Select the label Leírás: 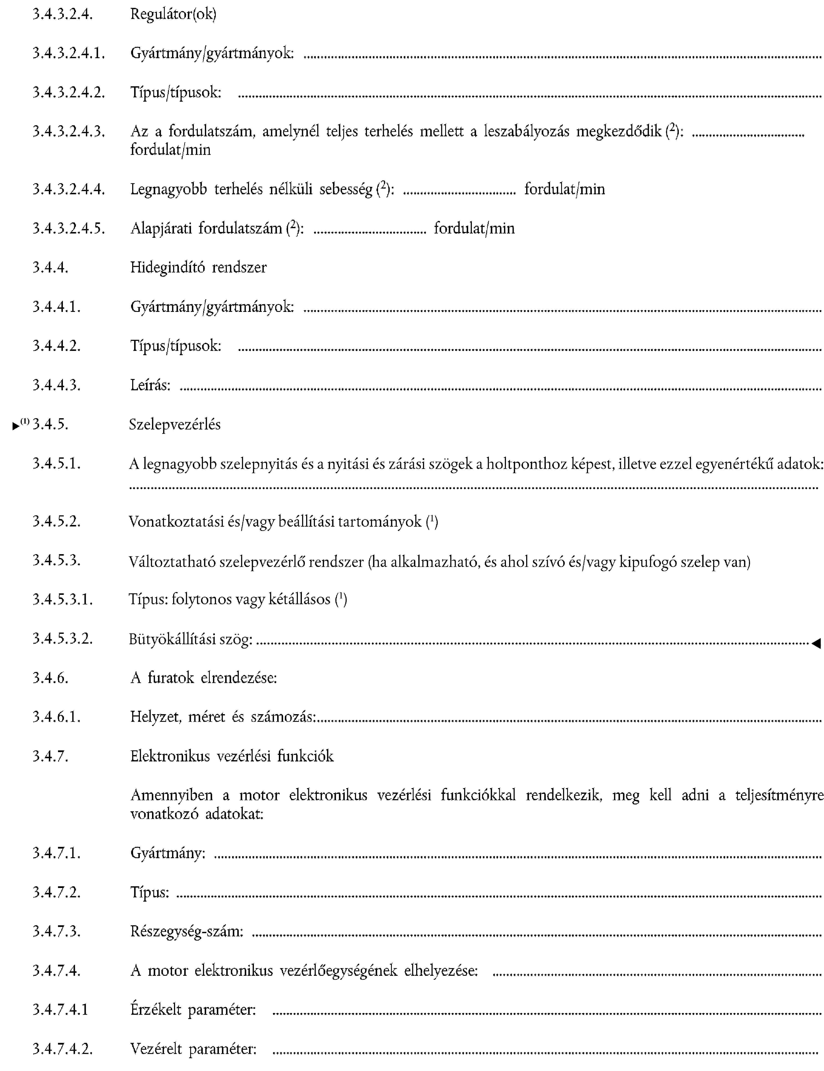pyautogui.click(x=150, y=385)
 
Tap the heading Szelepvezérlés pyautogui.click(x=175, y=424)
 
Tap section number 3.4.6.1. pyautogui.click(x=56, y=717)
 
